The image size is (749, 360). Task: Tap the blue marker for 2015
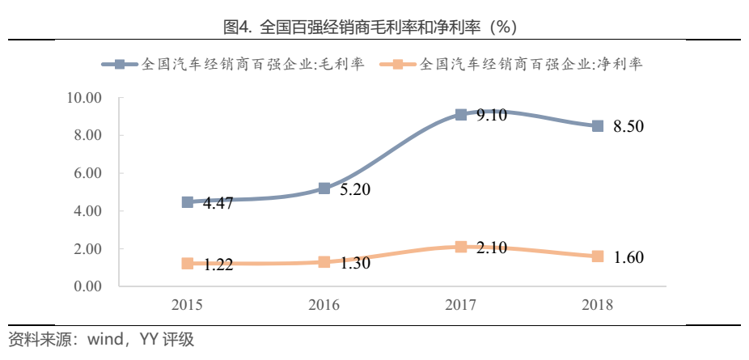point(188,202)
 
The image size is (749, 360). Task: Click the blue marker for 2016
point(324,188)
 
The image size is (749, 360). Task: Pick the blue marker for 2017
point(461,115)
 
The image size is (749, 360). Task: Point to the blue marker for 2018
point(598,126)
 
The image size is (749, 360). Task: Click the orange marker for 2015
point(188,264)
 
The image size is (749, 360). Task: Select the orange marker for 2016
point(324,262)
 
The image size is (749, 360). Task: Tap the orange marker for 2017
point(461,247)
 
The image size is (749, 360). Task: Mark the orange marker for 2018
point(598,256)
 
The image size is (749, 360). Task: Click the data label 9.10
point(492,115)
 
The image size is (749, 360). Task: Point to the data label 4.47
point(218,203)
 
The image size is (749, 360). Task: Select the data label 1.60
point(629,257)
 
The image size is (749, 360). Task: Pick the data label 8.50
point(629,127)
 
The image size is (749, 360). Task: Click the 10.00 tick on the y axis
point(83,98)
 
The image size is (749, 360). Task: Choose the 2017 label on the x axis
point(461,306)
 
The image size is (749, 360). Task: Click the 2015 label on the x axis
point(188,306)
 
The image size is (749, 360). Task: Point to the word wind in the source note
point(99,340)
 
